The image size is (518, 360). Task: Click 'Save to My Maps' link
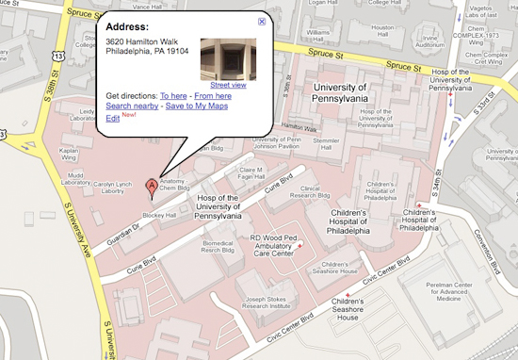click(197, 107)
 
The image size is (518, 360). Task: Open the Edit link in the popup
click(112, 119)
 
